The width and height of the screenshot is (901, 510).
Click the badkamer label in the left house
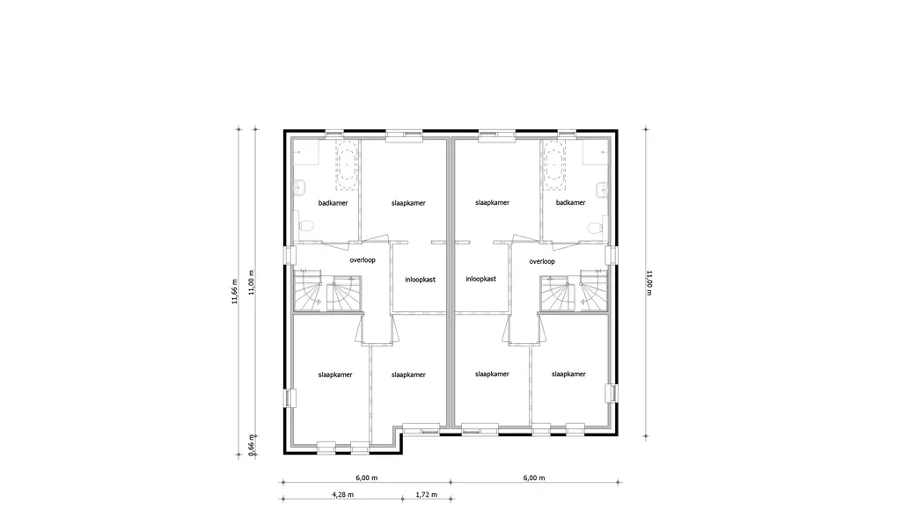pyautogui.click(x=333, y=203)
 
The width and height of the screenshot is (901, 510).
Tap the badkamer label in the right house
pyautogui.click(x=570, y=202)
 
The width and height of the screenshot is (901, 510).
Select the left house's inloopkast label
pyautogui.click(x=420, y=280)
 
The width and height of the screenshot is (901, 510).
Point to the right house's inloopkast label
pyautogui.click(x=481, y=279)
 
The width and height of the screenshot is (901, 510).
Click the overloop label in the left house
pyautogui.click(x=363, y=260)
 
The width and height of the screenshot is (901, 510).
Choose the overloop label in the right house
pyautogui.click(x=542, y=261)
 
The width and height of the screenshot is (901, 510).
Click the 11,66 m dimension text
pyautogui.click(x=234, y=291)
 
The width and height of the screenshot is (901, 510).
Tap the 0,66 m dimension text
pyautogui.click(x=251, y=445)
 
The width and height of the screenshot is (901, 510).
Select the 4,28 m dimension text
pyautogui.click(x=342, y=494)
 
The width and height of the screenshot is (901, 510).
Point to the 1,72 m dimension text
pyautogui.click(x=427, y=494)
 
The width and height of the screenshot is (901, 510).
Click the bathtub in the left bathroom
pyautogui.click(x=347, y=164)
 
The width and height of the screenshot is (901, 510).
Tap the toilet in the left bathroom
pyautogui.click(x=305, y=225)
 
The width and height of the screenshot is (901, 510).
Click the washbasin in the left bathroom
pyautogui.click(x=301, y=186)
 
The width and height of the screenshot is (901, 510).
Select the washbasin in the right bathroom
pyautogui.click(x=602, y=187)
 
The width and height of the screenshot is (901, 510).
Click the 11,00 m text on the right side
pyautogui.click(x=650, y=282)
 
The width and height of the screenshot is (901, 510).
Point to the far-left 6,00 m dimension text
pyautogui.click(x=366, y=477)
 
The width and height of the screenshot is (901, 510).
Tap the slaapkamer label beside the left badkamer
pyautogui.click(x=408, y=203)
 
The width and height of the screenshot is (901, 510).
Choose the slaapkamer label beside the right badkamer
pyautogui.click(x=493, y=203)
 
